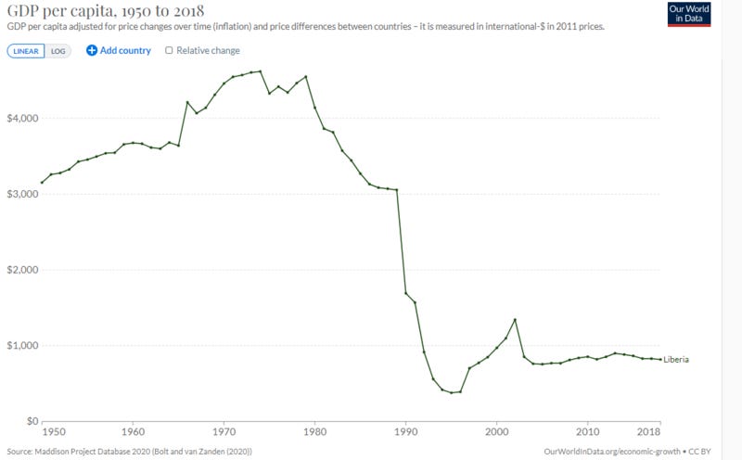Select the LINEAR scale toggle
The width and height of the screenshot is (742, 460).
click(x=26, y=51)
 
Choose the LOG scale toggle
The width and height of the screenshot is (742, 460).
click(x=58, y=51)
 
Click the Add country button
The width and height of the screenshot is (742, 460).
click(x=119, y=51)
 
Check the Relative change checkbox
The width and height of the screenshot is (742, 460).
click(x=168, y=51)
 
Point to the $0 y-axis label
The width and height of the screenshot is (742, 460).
click(x=30, y=421)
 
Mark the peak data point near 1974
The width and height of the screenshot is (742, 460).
click(x=261, y=71)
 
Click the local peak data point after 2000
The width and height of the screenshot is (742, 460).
click(x=515, y=320)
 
